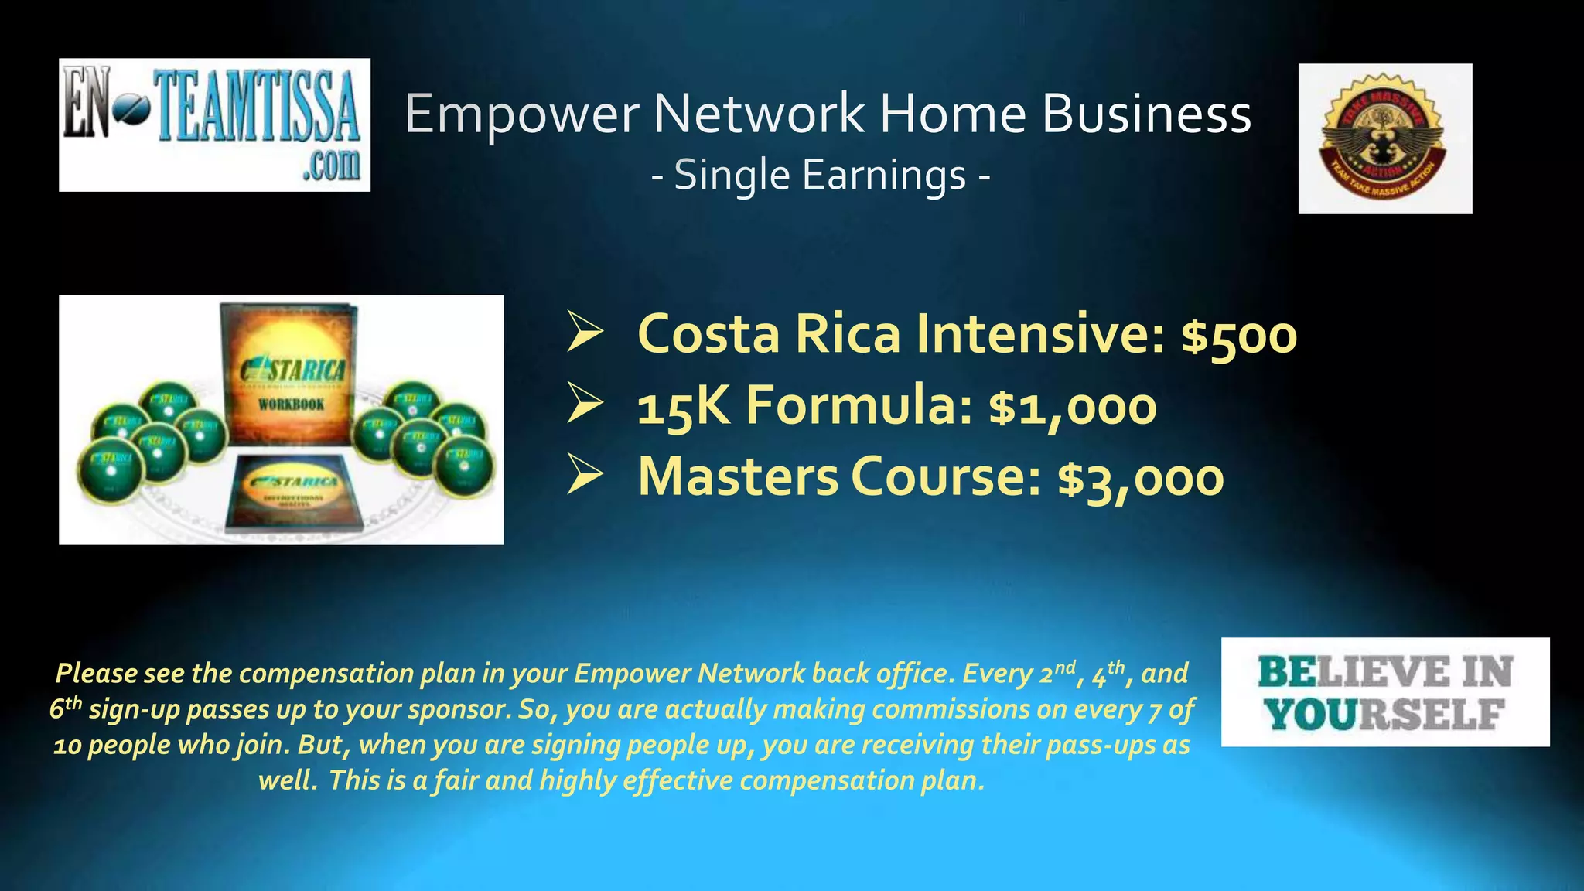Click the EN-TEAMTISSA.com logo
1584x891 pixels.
pos(214,125)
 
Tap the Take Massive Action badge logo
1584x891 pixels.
pos(1384,138)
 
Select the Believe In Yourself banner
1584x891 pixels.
pos(1384,691)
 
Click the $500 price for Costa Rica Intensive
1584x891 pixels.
pos(1239,336)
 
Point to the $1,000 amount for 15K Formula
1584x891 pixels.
pos(1073,407)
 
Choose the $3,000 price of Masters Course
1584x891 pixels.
pos(1141,478)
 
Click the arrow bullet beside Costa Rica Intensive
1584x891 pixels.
pos(585,332)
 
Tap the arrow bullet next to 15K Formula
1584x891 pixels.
pos(585,403)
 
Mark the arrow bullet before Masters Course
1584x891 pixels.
pos(585,474)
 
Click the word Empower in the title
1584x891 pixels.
pos(522,114)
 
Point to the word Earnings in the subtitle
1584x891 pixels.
pos(884,176)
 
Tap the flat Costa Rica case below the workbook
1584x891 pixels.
pos(292,492)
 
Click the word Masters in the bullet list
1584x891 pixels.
pos(738,476)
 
